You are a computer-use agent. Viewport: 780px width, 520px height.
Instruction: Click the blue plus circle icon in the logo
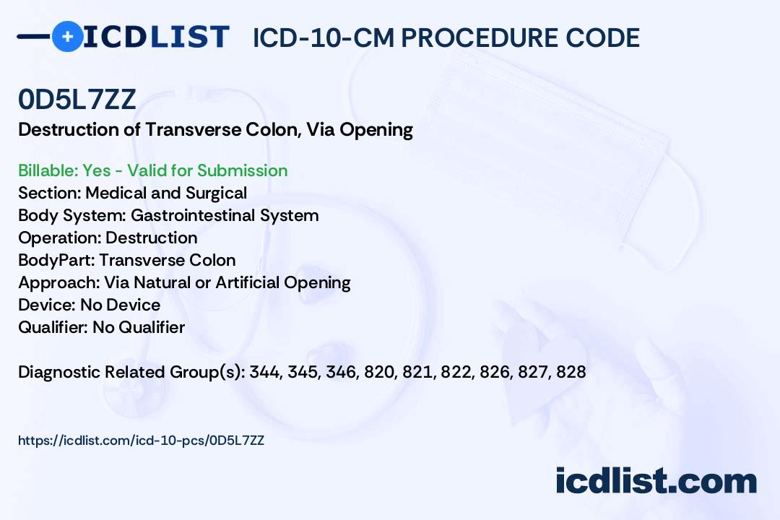[68, 36]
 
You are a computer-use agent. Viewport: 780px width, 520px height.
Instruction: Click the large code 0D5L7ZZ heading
[77, 99]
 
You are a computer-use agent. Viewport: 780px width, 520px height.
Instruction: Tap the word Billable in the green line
[48, 170]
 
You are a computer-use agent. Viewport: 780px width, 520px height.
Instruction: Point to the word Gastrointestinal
[193, 215]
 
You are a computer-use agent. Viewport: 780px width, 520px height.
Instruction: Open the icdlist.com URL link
[142, 441]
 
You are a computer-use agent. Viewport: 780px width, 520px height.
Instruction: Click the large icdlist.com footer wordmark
[656, 480]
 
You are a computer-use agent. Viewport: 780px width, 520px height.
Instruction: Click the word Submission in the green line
[242, 170]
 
